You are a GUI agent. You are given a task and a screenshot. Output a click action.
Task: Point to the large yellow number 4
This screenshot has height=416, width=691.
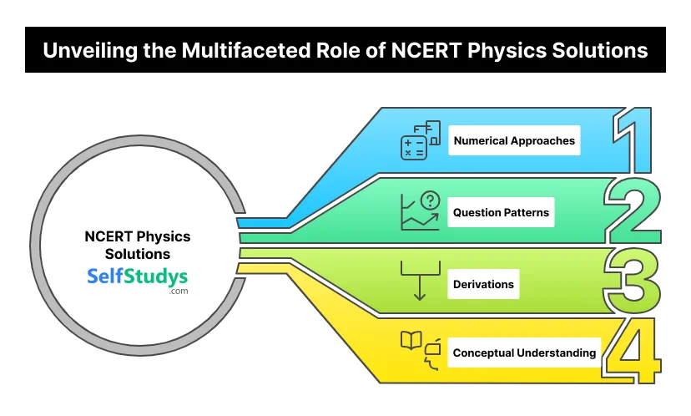[x=633, y=352]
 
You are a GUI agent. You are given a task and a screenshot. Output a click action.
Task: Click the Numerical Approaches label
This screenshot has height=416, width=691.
[x=514, y=141]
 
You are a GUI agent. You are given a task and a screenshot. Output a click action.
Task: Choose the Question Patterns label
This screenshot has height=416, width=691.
[x=501, y=213]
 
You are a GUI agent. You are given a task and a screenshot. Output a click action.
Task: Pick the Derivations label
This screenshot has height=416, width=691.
[x=483, y=284]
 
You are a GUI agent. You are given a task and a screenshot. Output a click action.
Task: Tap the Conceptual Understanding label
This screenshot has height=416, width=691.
[x=524, y=353]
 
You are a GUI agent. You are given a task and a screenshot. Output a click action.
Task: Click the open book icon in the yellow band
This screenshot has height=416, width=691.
[x=411, y=342]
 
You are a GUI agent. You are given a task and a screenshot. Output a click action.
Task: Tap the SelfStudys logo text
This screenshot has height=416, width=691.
[x=138, y=276]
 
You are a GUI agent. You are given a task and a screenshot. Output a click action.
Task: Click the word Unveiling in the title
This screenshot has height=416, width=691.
[x=86, y=50]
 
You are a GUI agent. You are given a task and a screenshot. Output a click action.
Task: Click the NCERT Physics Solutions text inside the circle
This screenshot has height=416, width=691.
[x=138, y=245]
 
